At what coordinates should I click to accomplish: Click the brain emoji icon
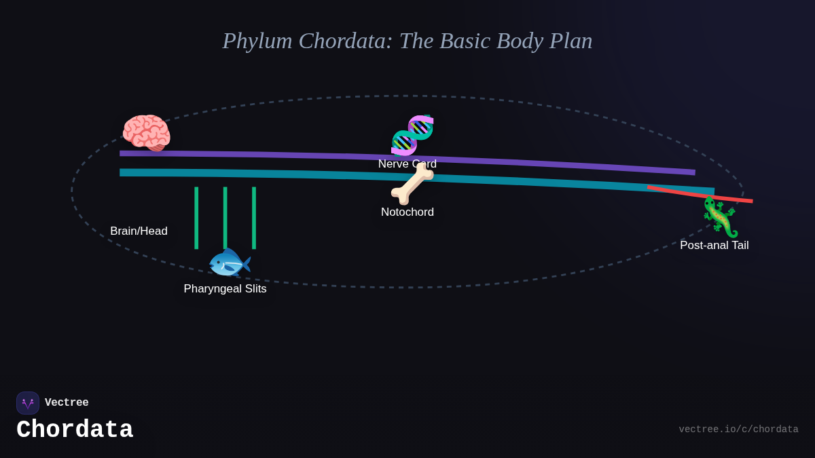146,132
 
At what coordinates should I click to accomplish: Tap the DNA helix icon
412,135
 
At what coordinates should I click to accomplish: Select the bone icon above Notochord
412,185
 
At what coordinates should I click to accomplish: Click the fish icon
229,263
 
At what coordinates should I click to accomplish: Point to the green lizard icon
720,217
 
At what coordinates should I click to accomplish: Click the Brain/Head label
139,231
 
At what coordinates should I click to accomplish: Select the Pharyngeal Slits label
225,289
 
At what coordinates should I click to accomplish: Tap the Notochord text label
407,212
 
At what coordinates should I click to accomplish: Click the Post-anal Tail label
714,246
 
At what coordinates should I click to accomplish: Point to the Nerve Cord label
407,164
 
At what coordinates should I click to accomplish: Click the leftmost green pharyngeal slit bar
196,218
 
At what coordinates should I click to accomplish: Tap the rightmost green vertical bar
254,218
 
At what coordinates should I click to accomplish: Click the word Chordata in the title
346,41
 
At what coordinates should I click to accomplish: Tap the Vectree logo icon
28,403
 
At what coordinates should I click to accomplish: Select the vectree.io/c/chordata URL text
738,430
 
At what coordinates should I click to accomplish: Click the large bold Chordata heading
75,430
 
